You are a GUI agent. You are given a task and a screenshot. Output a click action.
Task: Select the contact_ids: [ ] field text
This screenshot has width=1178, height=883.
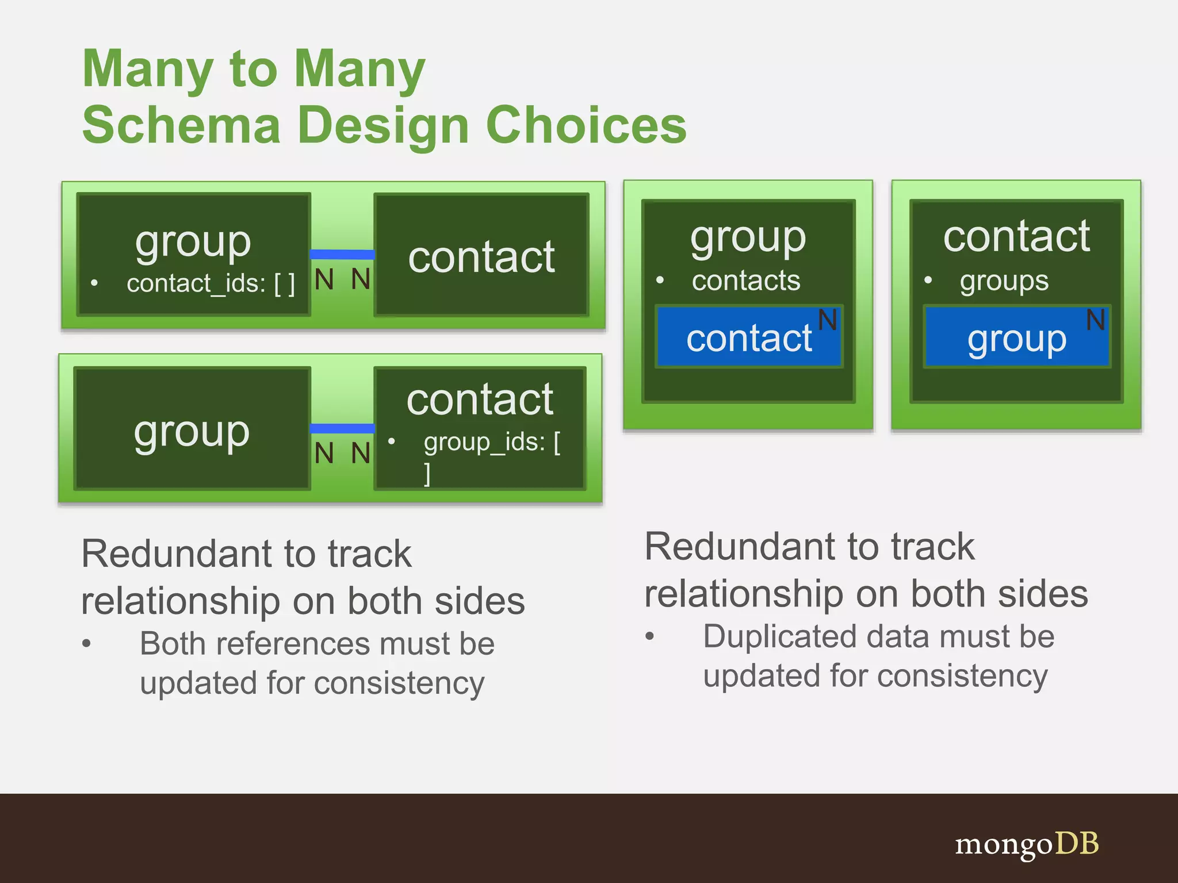pyautogui.click(x=211, y=283)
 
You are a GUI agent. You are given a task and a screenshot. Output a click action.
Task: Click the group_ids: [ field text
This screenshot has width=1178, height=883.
pyautogui.click(x=492, y=443)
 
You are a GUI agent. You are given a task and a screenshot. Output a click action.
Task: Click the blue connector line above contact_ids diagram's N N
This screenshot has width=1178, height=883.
pyautogui.click(x=342, y=254)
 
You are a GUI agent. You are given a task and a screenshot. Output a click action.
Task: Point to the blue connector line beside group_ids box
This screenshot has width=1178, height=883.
pyautogui.click(x=342, y=428)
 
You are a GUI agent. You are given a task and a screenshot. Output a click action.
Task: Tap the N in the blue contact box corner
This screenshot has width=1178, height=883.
pyautogui.click(x=827, y=320)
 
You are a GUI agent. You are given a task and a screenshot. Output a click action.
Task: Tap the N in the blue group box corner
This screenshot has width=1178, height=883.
pyautogui.click(x=1095, y=320)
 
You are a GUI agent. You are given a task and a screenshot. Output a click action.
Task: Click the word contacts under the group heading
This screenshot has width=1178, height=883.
pyautogui.click(x=746, y=281)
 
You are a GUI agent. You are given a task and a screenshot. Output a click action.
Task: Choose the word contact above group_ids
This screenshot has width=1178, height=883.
pyautogui.click(x=480, y=400)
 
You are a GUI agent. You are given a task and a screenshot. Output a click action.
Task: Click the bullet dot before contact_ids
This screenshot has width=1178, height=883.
pyautogui.click(x=94, y=283)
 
